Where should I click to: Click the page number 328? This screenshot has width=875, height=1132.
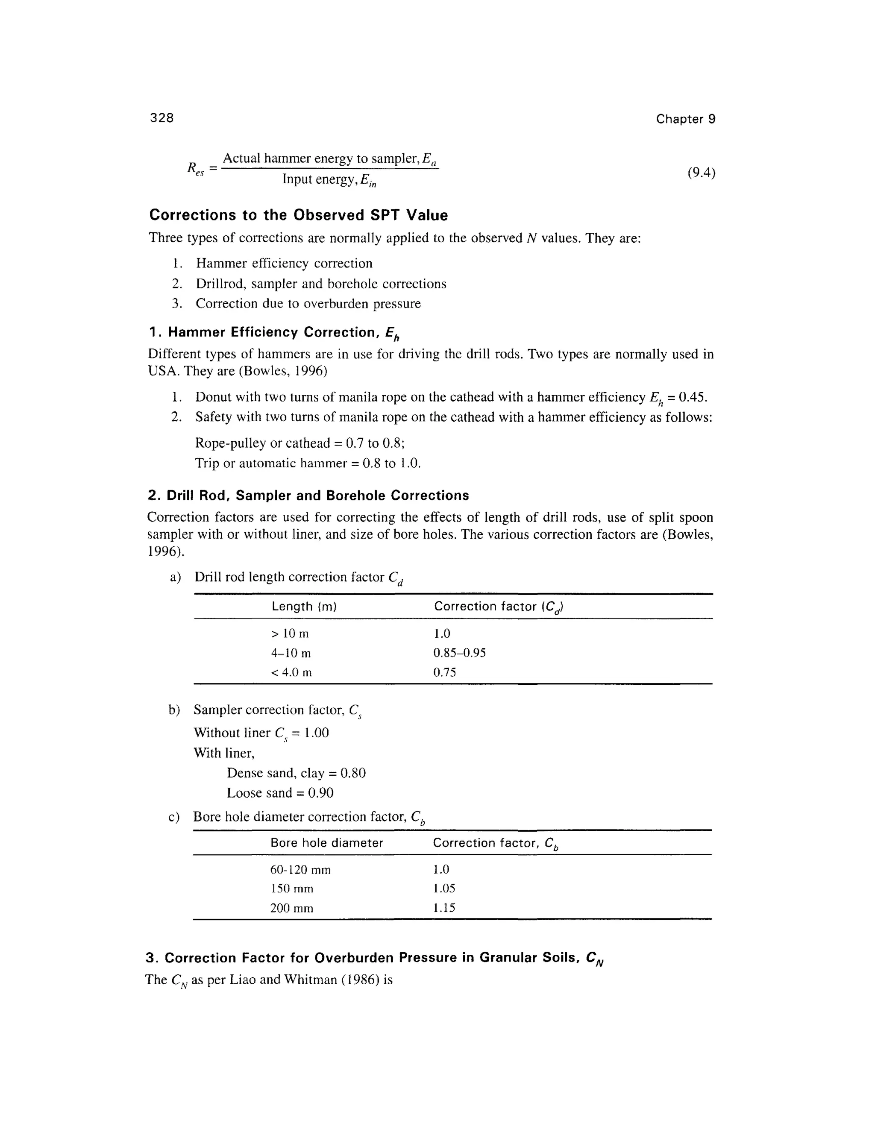pos(162,118)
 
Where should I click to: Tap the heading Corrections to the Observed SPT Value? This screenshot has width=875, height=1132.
pos(298,215)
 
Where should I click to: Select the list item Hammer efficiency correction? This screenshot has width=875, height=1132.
pos(284,263)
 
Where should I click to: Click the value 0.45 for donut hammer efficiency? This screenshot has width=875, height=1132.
pos(693,398)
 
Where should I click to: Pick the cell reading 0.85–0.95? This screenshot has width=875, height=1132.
pos(459,653)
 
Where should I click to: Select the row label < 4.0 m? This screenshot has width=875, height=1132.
pos(291,672)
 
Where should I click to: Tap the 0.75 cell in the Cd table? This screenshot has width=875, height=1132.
pos(444,672)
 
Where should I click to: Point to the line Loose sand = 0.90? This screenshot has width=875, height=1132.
pos(280,792)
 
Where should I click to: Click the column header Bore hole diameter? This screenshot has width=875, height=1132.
pos(326,843)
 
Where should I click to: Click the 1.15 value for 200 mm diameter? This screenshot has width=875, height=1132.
pos(444,908)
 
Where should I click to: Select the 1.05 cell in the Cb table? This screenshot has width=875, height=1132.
pos(444,889)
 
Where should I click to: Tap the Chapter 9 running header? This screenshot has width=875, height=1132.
pos(685,119)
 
